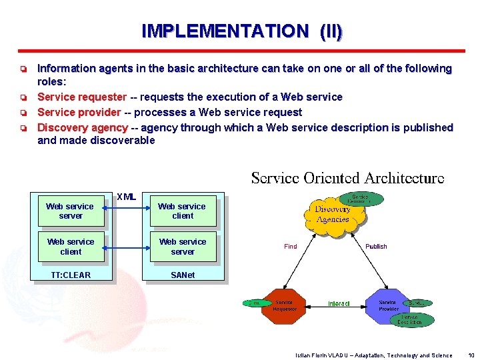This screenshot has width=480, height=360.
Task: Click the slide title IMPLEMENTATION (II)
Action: (242, 31)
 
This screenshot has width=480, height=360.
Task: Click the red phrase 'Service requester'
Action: (81, 97)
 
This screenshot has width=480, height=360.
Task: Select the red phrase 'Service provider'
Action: (79, 113)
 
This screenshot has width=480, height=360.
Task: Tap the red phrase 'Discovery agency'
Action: (82, 127)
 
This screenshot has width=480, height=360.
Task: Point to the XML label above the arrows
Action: (126, 197)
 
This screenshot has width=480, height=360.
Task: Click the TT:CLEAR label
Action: (71, 275)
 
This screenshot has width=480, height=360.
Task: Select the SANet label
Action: (183, 275)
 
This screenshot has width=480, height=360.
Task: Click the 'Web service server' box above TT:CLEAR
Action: (71, 211)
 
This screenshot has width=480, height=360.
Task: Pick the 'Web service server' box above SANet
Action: (183, 247)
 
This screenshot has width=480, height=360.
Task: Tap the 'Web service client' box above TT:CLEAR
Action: (71, 247)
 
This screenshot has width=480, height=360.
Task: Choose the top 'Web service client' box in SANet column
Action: (183, 211)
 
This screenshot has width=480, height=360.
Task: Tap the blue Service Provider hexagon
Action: (389, 305)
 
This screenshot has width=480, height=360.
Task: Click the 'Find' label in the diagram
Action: (291, 247)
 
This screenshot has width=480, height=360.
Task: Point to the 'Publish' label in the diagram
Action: (376, 247)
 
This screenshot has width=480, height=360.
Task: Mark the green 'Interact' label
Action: (339, 304)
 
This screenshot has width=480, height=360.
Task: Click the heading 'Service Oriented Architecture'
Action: (347, 178)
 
